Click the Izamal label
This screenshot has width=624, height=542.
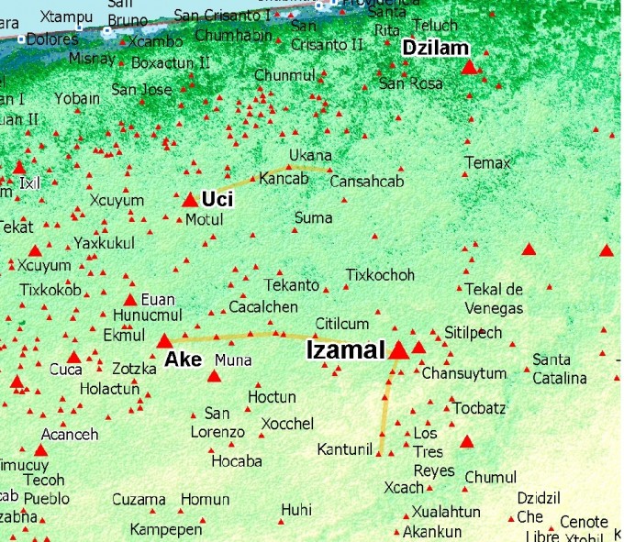coord(344,349)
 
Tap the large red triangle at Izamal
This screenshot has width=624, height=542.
coord(399,350)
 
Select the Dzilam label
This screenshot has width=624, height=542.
coord(437,50)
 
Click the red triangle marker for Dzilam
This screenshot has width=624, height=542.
coord(469,67)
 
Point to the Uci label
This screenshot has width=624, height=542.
coord(217,199)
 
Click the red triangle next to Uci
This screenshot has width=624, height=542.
coord(190,200)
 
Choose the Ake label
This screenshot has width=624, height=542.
coord(184,359)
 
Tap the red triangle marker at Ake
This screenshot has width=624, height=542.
coord(165,341)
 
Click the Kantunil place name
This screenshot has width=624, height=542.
coord(344,449)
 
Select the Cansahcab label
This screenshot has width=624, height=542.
coord(367,182)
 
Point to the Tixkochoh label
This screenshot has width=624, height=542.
coord(380,275)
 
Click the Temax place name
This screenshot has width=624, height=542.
coord(486,163)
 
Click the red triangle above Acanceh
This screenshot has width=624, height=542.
coord(40,449)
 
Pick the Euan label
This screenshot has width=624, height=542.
coord(158,299)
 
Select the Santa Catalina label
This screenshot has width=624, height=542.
coord(560,369)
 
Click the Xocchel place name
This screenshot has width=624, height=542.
coord(287,424)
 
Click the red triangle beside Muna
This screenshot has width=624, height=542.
coord(214,376)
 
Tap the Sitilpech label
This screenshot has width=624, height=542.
coord(474,332)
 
